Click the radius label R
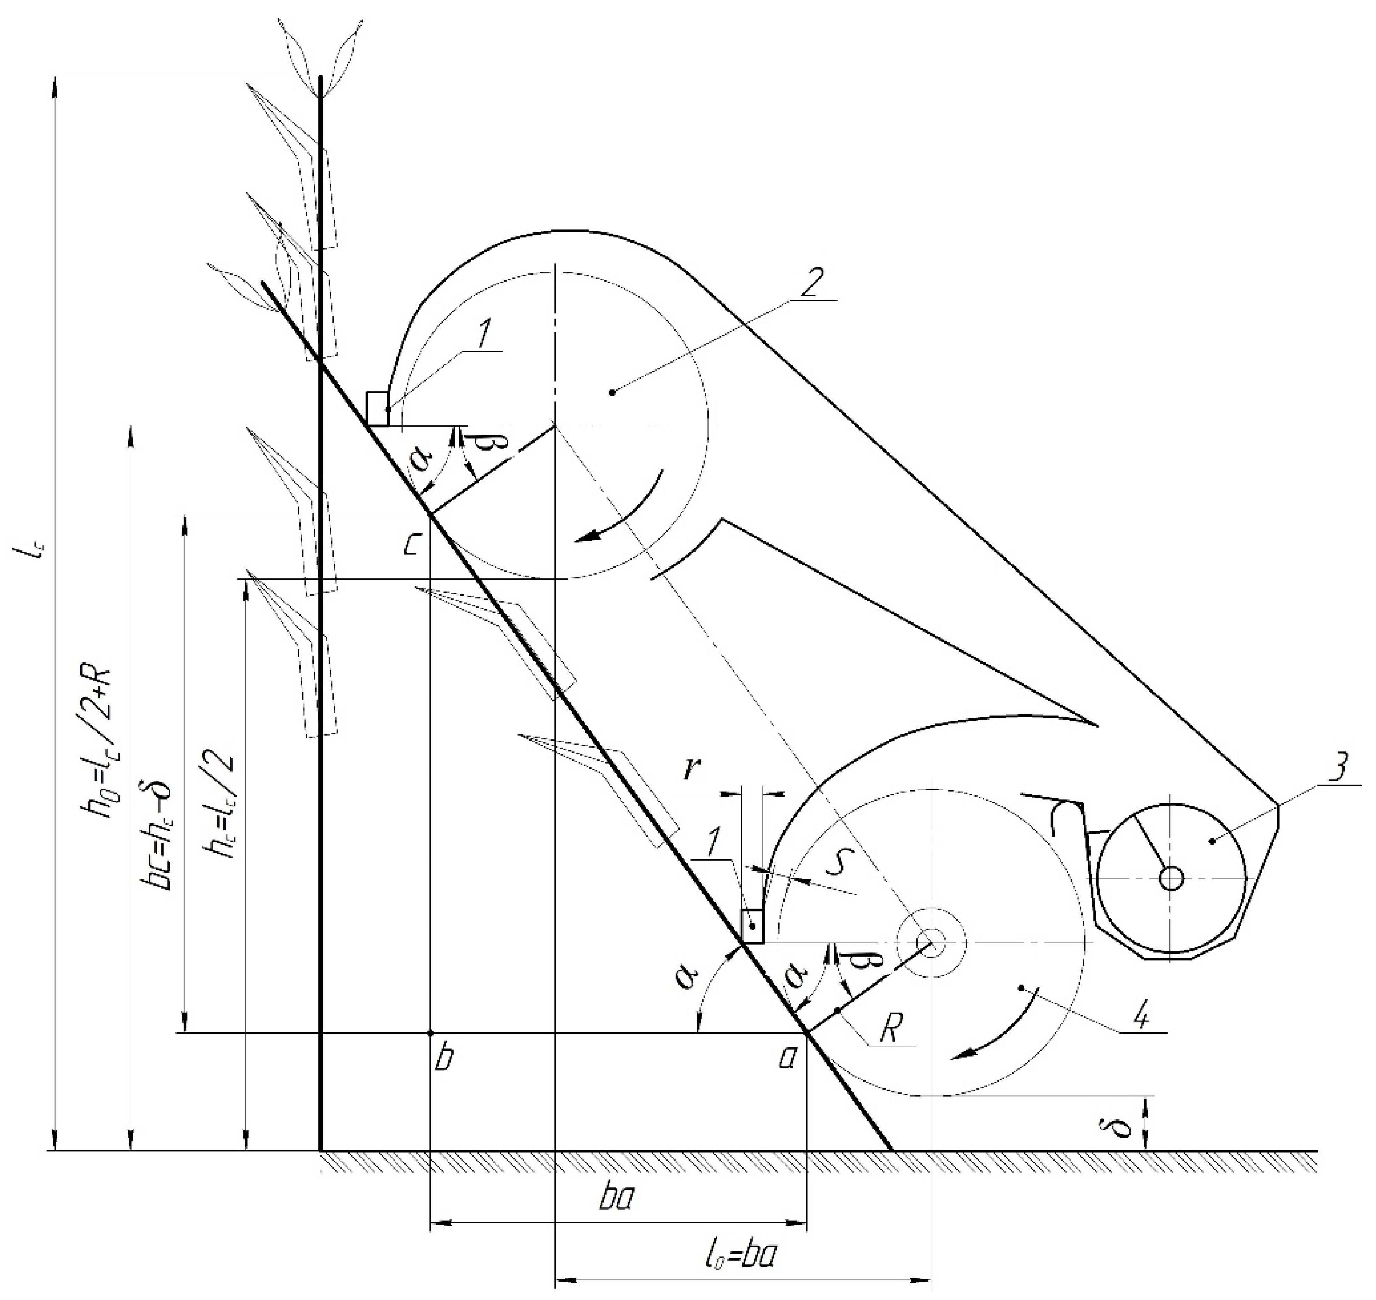pyautogui.click(x=890, y=1030)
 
